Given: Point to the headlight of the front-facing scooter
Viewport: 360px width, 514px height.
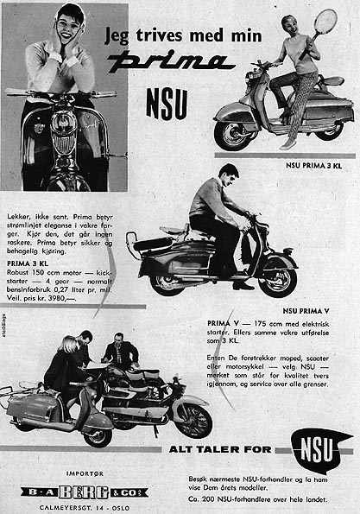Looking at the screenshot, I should click(62, 123).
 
